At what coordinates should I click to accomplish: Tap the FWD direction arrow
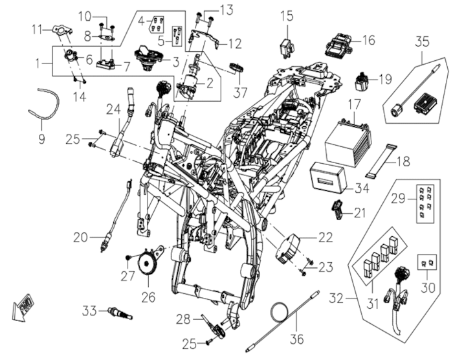(23, 306)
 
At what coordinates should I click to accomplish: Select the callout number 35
(422, 42)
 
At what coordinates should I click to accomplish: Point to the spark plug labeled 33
(119, 314)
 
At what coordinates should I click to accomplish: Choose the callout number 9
(41, 139)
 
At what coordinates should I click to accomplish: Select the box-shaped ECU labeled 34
(329, 179)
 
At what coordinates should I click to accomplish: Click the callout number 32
(336, 298)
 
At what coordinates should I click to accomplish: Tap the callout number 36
(297, 339)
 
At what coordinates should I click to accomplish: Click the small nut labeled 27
(128, 257)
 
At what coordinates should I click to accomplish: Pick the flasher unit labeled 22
(289, 248)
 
